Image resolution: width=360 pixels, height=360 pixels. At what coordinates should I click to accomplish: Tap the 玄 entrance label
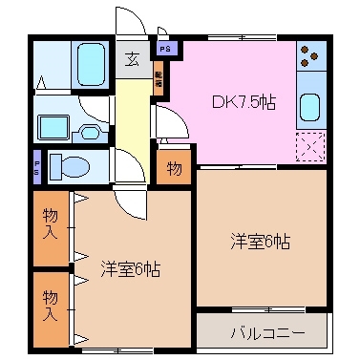131,59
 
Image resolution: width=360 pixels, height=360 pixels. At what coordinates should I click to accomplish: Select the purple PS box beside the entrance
165,48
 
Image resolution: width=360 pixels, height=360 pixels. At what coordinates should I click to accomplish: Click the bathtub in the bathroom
90,63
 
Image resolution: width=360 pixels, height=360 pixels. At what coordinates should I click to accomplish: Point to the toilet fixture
71,167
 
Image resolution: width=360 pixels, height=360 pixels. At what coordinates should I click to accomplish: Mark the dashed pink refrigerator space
311,144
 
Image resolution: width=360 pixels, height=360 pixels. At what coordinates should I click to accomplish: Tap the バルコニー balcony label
266,333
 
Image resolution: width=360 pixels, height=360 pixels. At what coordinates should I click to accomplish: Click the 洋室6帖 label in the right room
259,243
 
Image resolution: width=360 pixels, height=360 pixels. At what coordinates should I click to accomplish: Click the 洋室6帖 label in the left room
130,268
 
